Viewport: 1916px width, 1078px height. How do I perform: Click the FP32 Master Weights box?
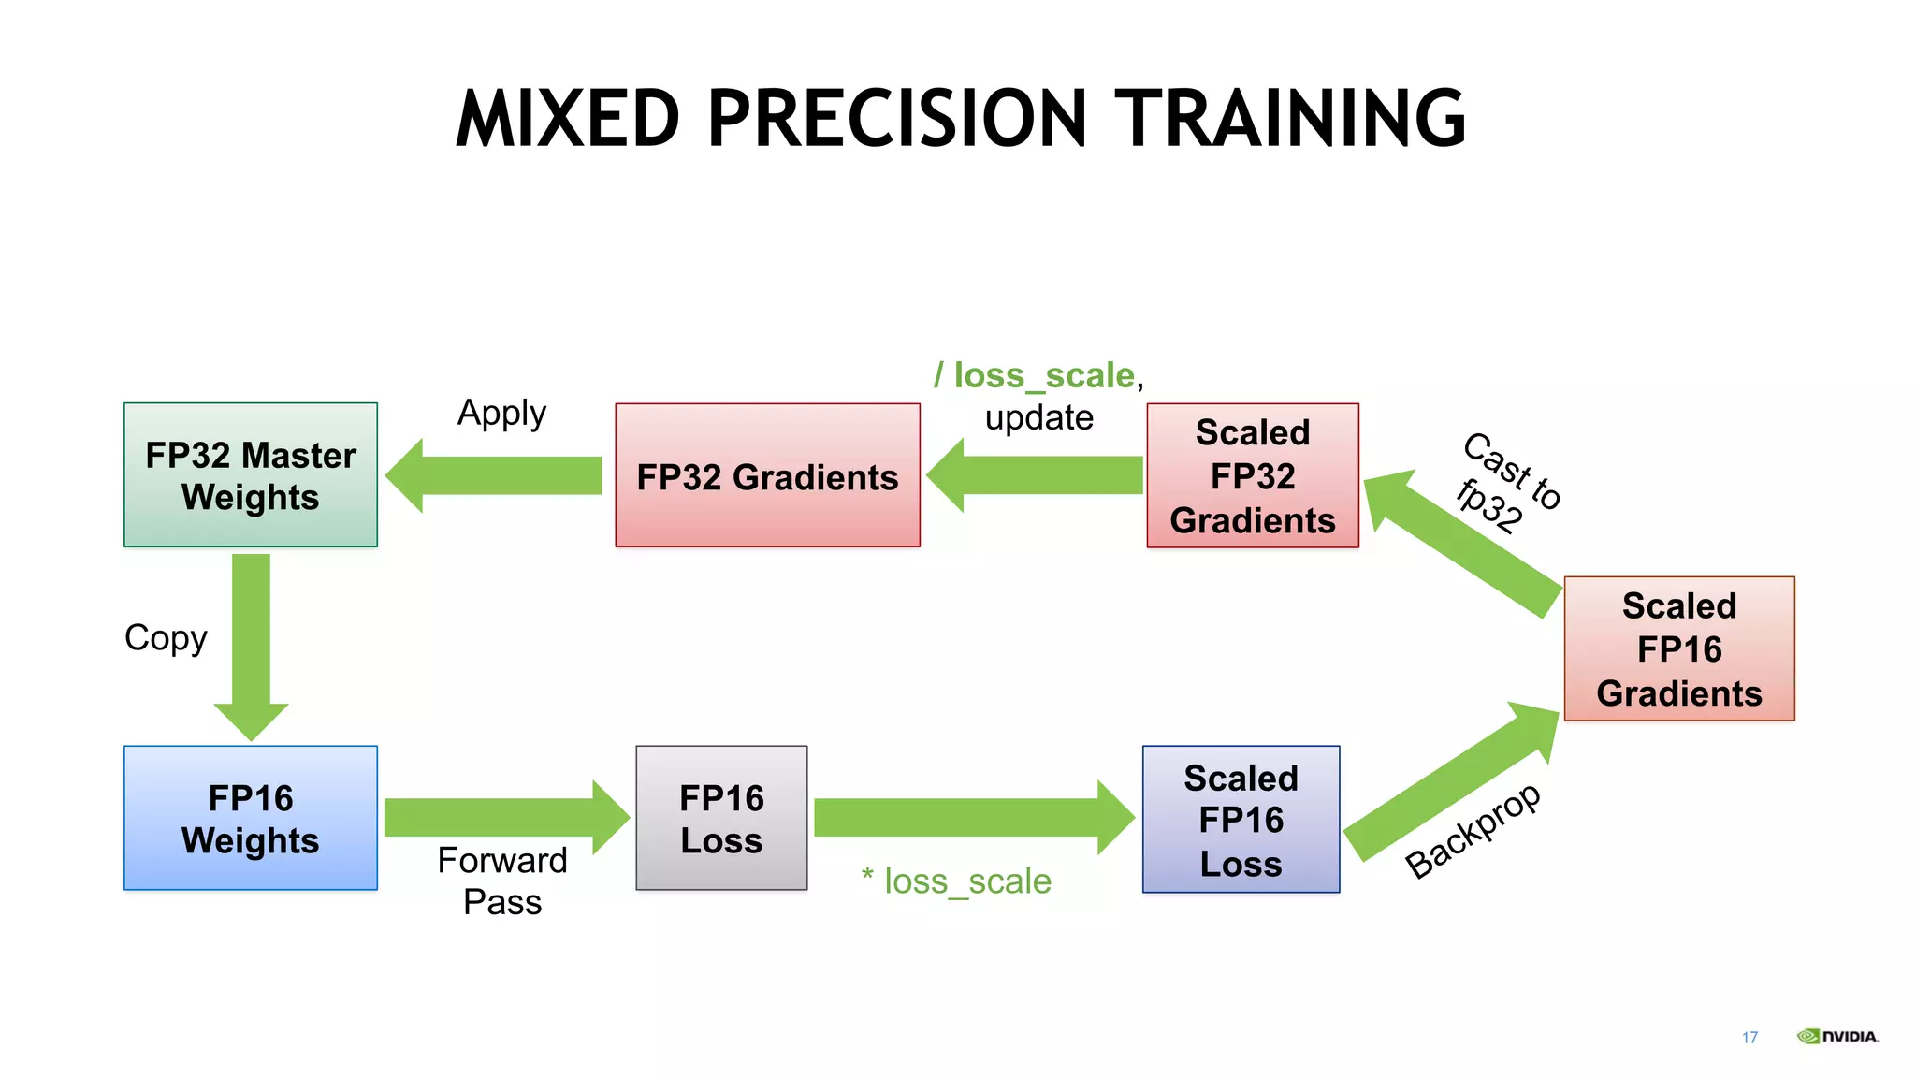(251, 475)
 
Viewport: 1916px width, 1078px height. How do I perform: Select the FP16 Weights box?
(251, 818)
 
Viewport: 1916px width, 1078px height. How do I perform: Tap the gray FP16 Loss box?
(721, 818)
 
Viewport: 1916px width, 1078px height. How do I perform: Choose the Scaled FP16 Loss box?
(1241, 820)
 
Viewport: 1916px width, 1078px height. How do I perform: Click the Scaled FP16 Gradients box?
(1679, 648)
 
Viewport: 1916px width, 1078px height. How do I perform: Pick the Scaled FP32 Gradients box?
(1253, 475)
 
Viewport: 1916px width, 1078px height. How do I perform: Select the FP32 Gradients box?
(767, 475)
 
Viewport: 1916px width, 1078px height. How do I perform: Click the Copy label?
(166, 638)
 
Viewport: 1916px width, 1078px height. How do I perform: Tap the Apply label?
(501, 413)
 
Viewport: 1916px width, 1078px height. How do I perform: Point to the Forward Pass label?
(502, 881)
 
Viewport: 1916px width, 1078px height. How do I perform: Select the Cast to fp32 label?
(1507, 485)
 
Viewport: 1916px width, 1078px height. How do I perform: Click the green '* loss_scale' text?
(956, 881)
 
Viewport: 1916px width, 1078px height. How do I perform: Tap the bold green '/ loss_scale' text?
(1035, 375)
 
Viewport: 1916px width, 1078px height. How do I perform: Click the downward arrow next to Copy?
(251, 646)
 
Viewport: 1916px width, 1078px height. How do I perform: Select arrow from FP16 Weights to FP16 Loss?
(505, 817)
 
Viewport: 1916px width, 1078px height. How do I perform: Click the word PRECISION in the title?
(897, 119)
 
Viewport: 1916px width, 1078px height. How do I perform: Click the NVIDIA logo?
(1837, 1036)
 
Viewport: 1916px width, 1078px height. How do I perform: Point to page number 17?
(1749, 1037)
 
